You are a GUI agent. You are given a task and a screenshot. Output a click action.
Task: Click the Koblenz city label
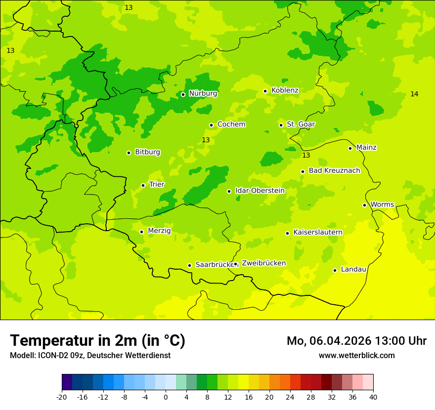pos(285,90)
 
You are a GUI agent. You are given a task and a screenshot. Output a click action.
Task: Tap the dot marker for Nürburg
pos(183,94)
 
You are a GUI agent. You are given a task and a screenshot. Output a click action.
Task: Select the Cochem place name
pos(231,124)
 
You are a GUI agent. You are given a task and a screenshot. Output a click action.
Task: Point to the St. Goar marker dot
pos(281,125)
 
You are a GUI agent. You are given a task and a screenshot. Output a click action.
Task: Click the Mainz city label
pos(366,148)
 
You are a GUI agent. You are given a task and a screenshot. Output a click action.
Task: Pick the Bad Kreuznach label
pos(334,171)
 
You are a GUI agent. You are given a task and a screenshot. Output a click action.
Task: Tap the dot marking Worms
pos(364,205)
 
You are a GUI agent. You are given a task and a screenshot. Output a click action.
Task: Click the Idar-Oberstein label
pos(260,191)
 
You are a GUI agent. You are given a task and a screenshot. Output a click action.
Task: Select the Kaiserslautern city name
pos(318,232)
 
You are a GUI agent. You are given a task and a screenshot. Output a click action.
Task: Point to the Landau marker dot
pos(335,270)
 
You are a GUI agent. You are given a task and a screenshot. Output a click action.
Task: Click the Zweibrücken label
pos(263,263)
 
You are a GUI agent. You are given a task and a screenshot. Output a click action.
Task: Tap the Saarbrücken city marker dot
pos(189,265)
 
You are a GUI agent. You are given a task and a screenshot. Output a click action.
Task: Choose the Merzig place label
pos(159,231)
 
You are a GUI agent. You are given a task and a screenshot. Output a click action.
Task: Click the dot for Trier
pos(143,185)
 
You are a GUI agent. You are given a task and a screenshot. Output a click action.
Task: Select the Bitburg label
pos(147,152)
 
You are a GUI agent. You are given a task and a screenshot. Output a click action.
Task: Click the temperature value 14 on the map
pos(414,94)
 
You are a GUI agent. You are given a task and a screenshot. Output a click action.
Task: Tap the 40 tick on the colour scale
pos(373,397)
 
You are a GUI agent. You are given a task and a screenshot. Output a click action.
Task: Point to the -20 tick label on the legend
pos(62,397)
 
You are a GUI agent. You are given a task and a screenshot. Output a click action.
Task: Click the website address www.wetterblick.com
pos(356,356)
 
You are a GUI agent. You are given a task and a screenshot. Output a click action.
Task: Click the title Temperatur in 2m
pos(97,341)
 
